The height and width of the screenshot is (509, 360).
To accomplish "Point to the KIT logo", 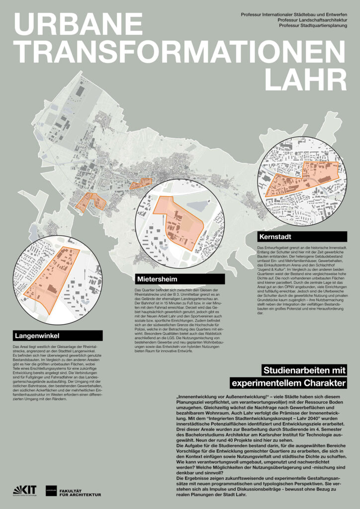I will pos(24,490).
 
